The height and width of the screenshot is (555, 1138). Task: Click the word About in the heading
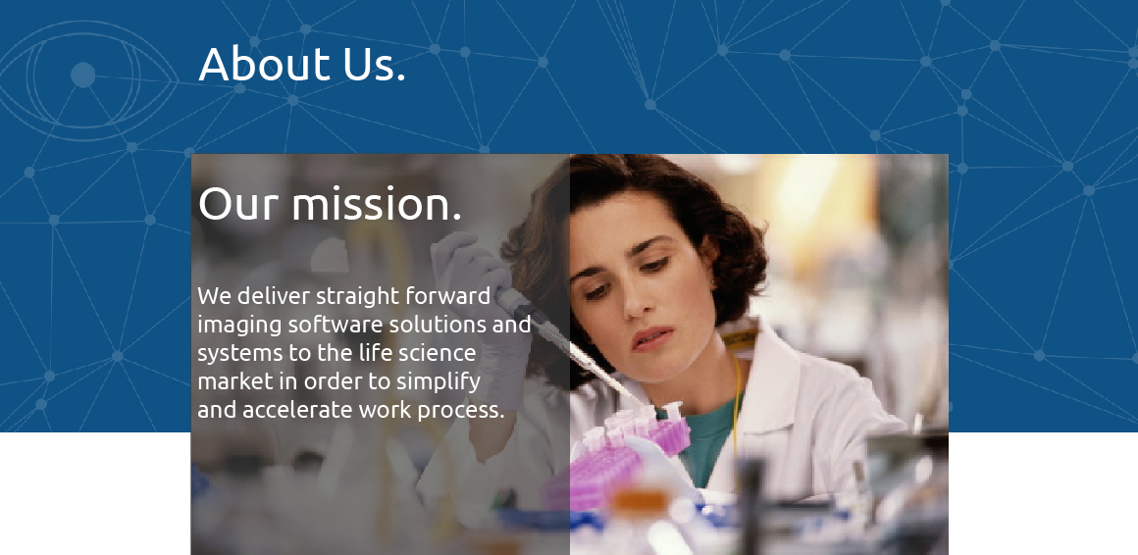[265, 64]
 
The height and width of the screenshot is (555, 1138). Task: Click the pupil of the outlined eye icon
[82, 75]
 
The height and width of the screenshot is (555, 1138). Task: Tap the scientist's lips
[650, 338]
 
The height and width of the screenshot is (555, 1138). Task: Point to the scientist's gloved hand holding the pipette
[479, 290]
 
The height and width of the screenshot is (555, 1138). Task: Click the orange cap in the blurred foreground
[640, 501]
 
